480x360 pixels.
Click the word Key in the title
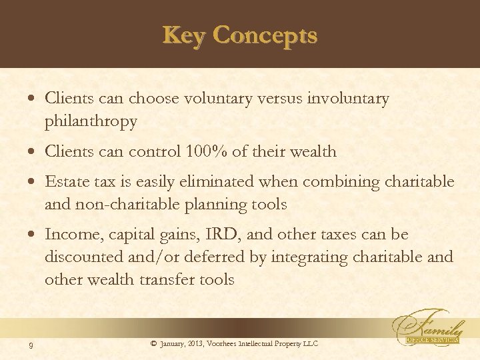point(182,35)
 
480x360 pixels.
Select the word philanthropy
point(91,122)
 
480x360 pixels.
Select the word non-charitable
point(125,205)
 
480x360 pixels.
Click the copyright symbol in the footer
point(153,343)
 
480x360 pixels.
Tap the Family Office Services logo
point(430,327)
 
